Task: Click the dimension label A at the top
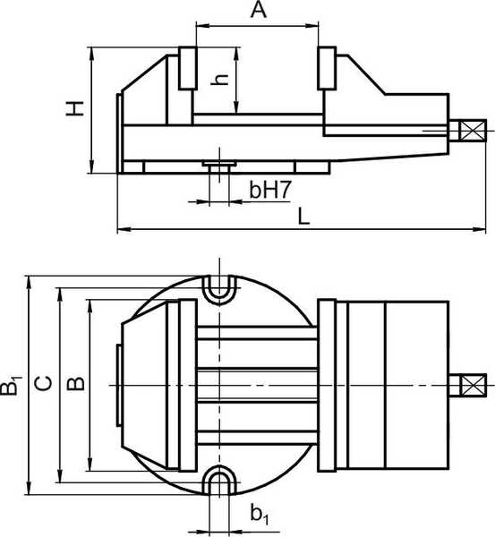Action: pos(259,9)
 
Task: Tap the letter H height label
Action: pos(75,108)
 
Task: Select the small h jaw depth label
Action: pos(219,79)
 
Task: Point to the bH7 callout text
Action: pos(270,190)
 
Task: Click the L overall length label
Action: pos(303,217)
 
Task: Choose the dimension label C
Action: pos(44,383)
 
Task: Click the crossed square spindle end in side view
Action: pos(473,131)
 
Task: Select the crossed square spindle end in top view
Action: pos(473,385)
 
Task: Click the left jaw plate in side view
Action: pos(188,68)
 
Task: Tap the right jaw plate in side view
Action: pos(327,68)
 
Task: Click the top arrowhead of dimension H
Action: pos(91,54)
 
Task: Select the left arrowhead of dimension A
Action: pos(202,25)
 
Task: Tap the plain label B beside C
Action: pos(76,384)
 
